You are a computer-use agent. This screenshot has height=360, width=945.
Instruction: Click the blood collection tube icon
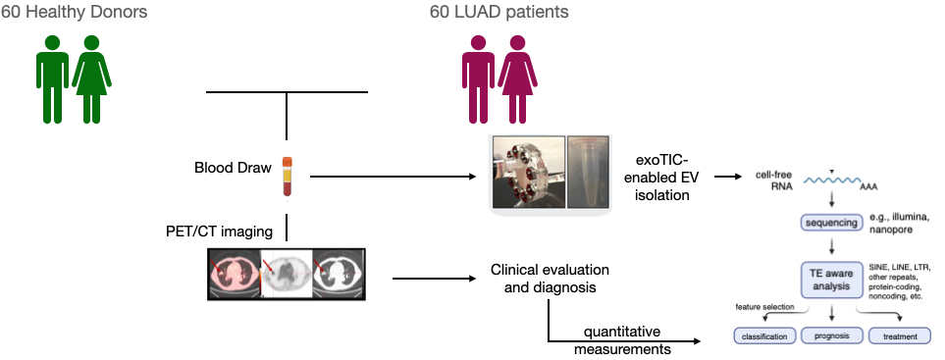coord(288,176)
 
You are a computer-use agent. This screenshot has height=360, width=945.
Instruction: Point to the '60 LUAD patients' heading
coord(499,13)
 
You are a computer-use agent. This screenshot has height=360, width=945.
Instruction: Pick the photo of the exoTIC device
coord(527,172)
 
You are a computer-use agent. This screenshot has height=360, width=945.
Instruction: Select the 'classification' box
coord(768,336)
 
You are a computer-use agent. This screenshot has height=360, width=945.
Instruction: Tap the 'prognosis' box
coord(831,336)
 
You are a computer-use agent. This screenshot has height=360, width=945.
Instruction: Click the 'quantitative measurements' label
coord(623,339)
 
